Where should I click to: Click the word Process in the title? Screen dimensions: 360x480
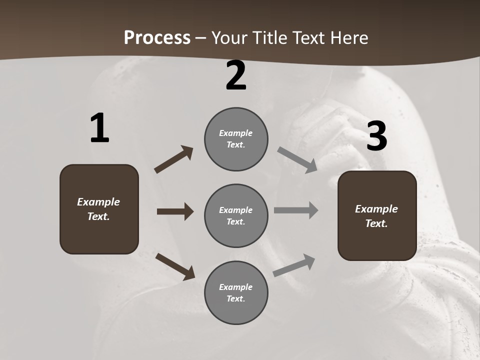click(x=157, y=38)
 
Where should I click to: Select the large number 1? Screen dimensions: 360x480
click(x=99, y=128)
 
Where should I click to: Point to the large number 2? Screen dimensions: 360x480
click(x=236, y=75)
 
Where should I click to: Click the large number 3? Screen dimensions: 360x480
click(x=376, y=136)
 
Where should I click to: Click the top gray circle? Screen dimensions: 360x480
click(x=236, y=139)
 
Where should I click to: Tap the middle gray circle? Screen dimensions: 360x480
click(x=236, y=215)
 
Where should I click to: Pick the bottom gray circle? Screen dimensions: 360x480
click(x=236, y=292)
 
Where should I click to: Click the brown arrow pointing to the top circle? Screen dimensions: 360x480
click(x=173, y=159)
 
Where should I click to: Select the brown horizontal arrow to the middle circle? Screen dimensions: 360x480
click(x=175, y=211)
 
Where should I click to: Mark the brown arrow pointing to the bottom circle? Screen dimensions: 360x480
click(x=175, y=266)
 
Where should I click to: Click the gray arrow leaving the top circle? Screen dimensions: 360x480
click(x=297, y=160)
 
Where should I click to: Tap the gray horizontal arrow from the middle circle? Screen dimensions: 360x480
click(x=296, y=210)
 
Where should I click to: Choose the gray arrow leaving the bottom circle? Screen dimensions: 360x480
click(x=294, y=265)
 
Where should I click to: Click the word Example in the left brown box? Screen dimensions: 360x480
click(x=98, y=202)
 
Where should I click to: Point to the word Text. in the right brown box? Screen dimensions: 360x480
click(x=376, y=223)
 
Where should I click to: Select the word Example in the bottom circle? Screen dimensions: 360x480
click(x=236, y=287)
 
